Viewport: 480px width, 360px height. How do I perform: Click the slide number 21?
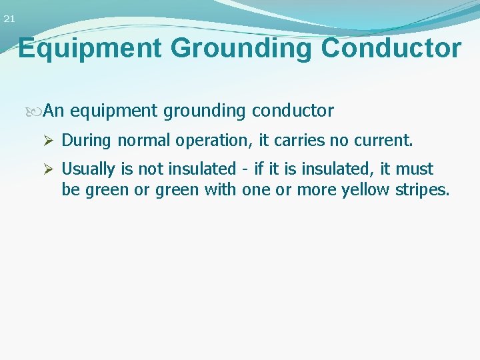(9, 19)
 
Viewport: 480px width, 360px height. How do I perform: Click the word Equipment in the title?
(90, 49)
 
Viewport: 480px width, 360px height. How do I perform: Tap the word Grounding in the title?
(243, 49)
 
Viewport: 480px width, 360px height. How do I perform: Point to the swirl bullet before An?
(37, 111)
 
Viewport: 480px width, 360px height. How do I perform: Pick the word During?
(87, 141)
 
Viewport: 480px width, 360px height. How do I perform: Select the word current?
(385, 141)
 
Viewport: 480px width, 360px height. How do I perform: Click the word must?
(415, 169)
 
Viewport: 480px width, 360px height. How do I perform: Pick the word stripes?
(423, 191)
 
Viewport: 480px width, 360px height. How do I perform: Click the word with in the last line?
(220, 190)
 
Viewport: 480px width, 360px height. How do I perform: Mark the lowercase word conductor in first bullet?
(293, 111)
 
